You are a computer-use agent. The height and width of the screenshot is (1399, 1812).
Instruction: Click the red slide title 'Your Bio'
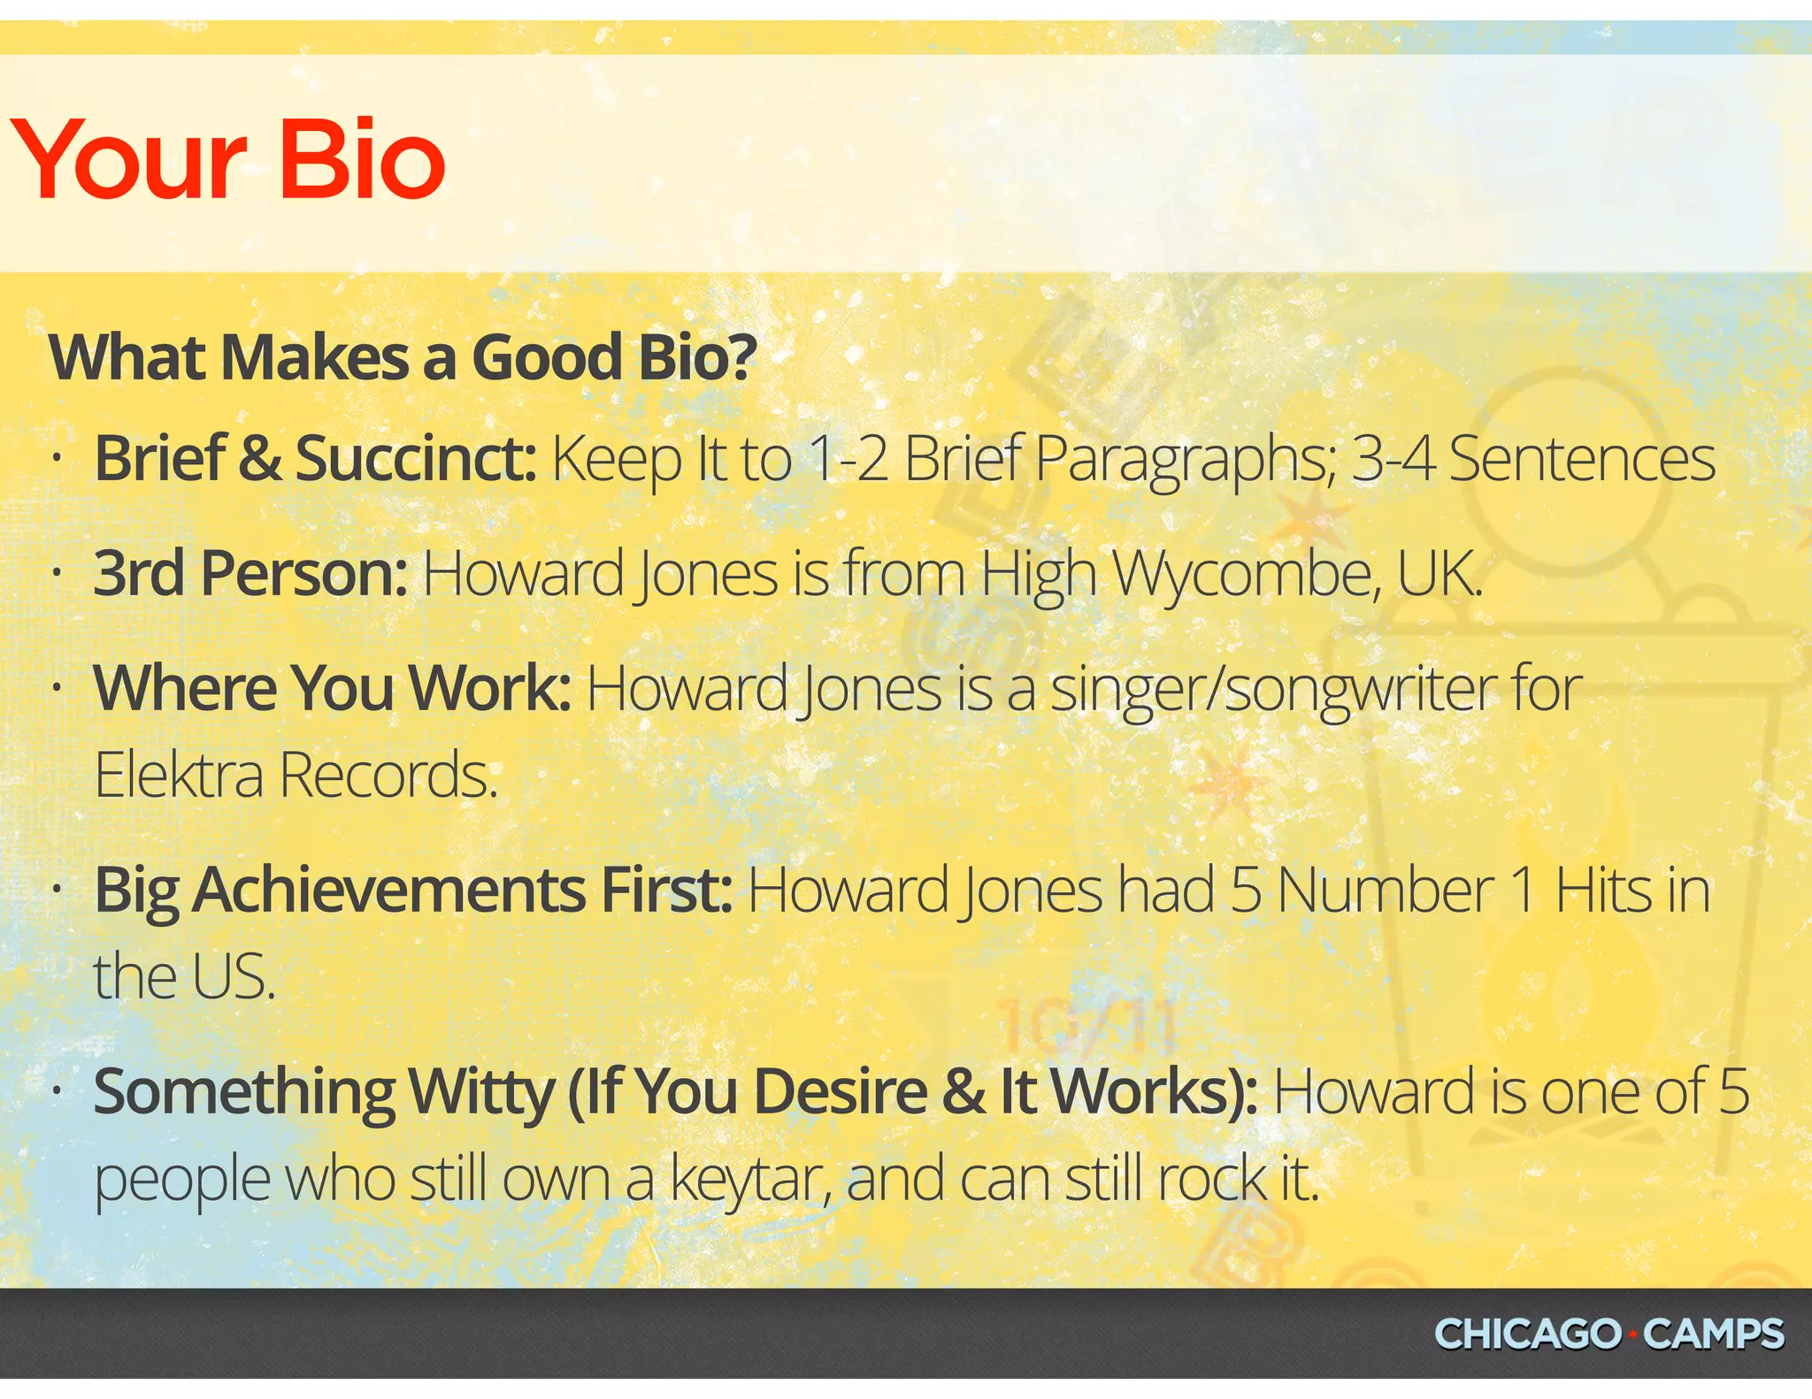pyautogui.click(x=228, y=160)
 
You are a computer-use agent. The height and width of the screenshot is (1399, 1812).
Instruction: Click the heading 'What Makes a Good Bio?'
pyautogui.click(x=403, y=357)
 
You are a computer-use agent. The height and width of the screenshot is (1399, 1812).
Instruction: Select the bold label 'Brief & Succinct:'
pyautogui.click(x=316, y=458)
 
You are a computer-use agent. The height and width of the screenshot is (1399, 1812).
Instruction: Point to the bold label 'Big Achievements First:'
pyautogui.click(x=413, y=890)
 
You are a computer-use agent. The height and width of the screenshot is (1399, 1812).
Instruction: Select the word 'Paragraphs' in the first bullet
pyautogui.click(x=1186, y=460)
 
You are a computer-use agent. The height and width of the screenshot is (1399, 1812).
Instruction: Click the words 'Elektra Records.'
pyautogui.click(x=296, y=775)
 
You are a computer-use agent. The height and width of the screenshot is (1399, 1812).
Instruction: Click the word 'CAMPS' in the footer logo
pyautogui.click(x=1714, y=1334)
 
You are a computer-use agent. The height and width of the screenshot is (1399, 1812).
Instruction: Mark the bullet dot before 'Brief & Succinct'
pyautogui.click(x=56, y=459)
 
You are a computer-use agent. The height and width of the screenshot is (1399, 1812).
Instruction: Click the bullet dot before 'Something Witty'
pyautogui.click(x=56, y=1092)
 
